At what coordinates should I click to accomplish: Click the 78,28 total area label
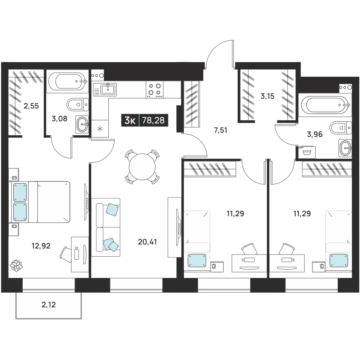click(x=153, y=120)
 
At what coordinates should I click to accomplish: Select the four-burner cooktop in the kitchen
click(x=154, y=90)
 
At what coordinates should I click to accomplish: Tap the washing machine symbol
click(x=306, y=152)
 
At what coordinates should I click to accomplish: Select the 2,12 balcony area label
click(x=49, y=305)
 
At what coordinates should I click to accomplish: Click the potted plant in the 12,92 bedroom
click(x=17, y=266)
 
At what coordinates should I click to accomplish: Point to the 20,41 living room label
click(x=147, y=242)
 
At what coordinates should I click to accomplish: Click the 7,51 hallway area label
click(x=220, y=130)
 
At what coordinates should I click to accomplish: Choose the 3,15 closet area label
click(x=267, y=96)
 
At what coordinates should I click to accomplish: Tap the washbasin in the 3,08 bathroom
click(x=82, y=124)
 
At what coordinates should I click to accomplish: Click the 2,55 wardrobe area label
click(x=31, y=106)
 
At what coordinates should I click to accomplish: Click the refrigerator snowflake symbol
click(x=100, y=129)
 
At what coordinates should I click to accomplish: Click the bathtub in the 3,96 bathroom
click(x=325, y=105)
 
